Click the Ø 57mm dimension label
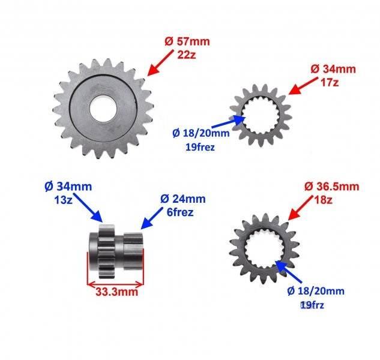pyautogui.click(x=187, y=41)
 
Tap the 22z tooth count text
pyautogui.click(x=186, y=55)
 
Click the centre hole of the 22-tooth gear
pyautogui.click(x=103, y=108)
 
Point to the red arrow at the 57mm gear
pyautogui.click(x=160, y=63)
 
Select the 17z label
pyautogui.click(x=330, y=83)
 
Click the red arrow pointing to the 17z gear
pyautogui.click(x=303, y=86)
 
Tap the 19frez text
pyautogui.click(x=200, y=147)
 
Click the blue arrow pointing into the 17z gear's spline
pyautogui.click(x=229, y=121)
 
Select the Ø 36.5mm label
pyautogui.click(x=331, y=187)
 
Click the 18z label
pyautogui.click(x=324, y=200)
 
